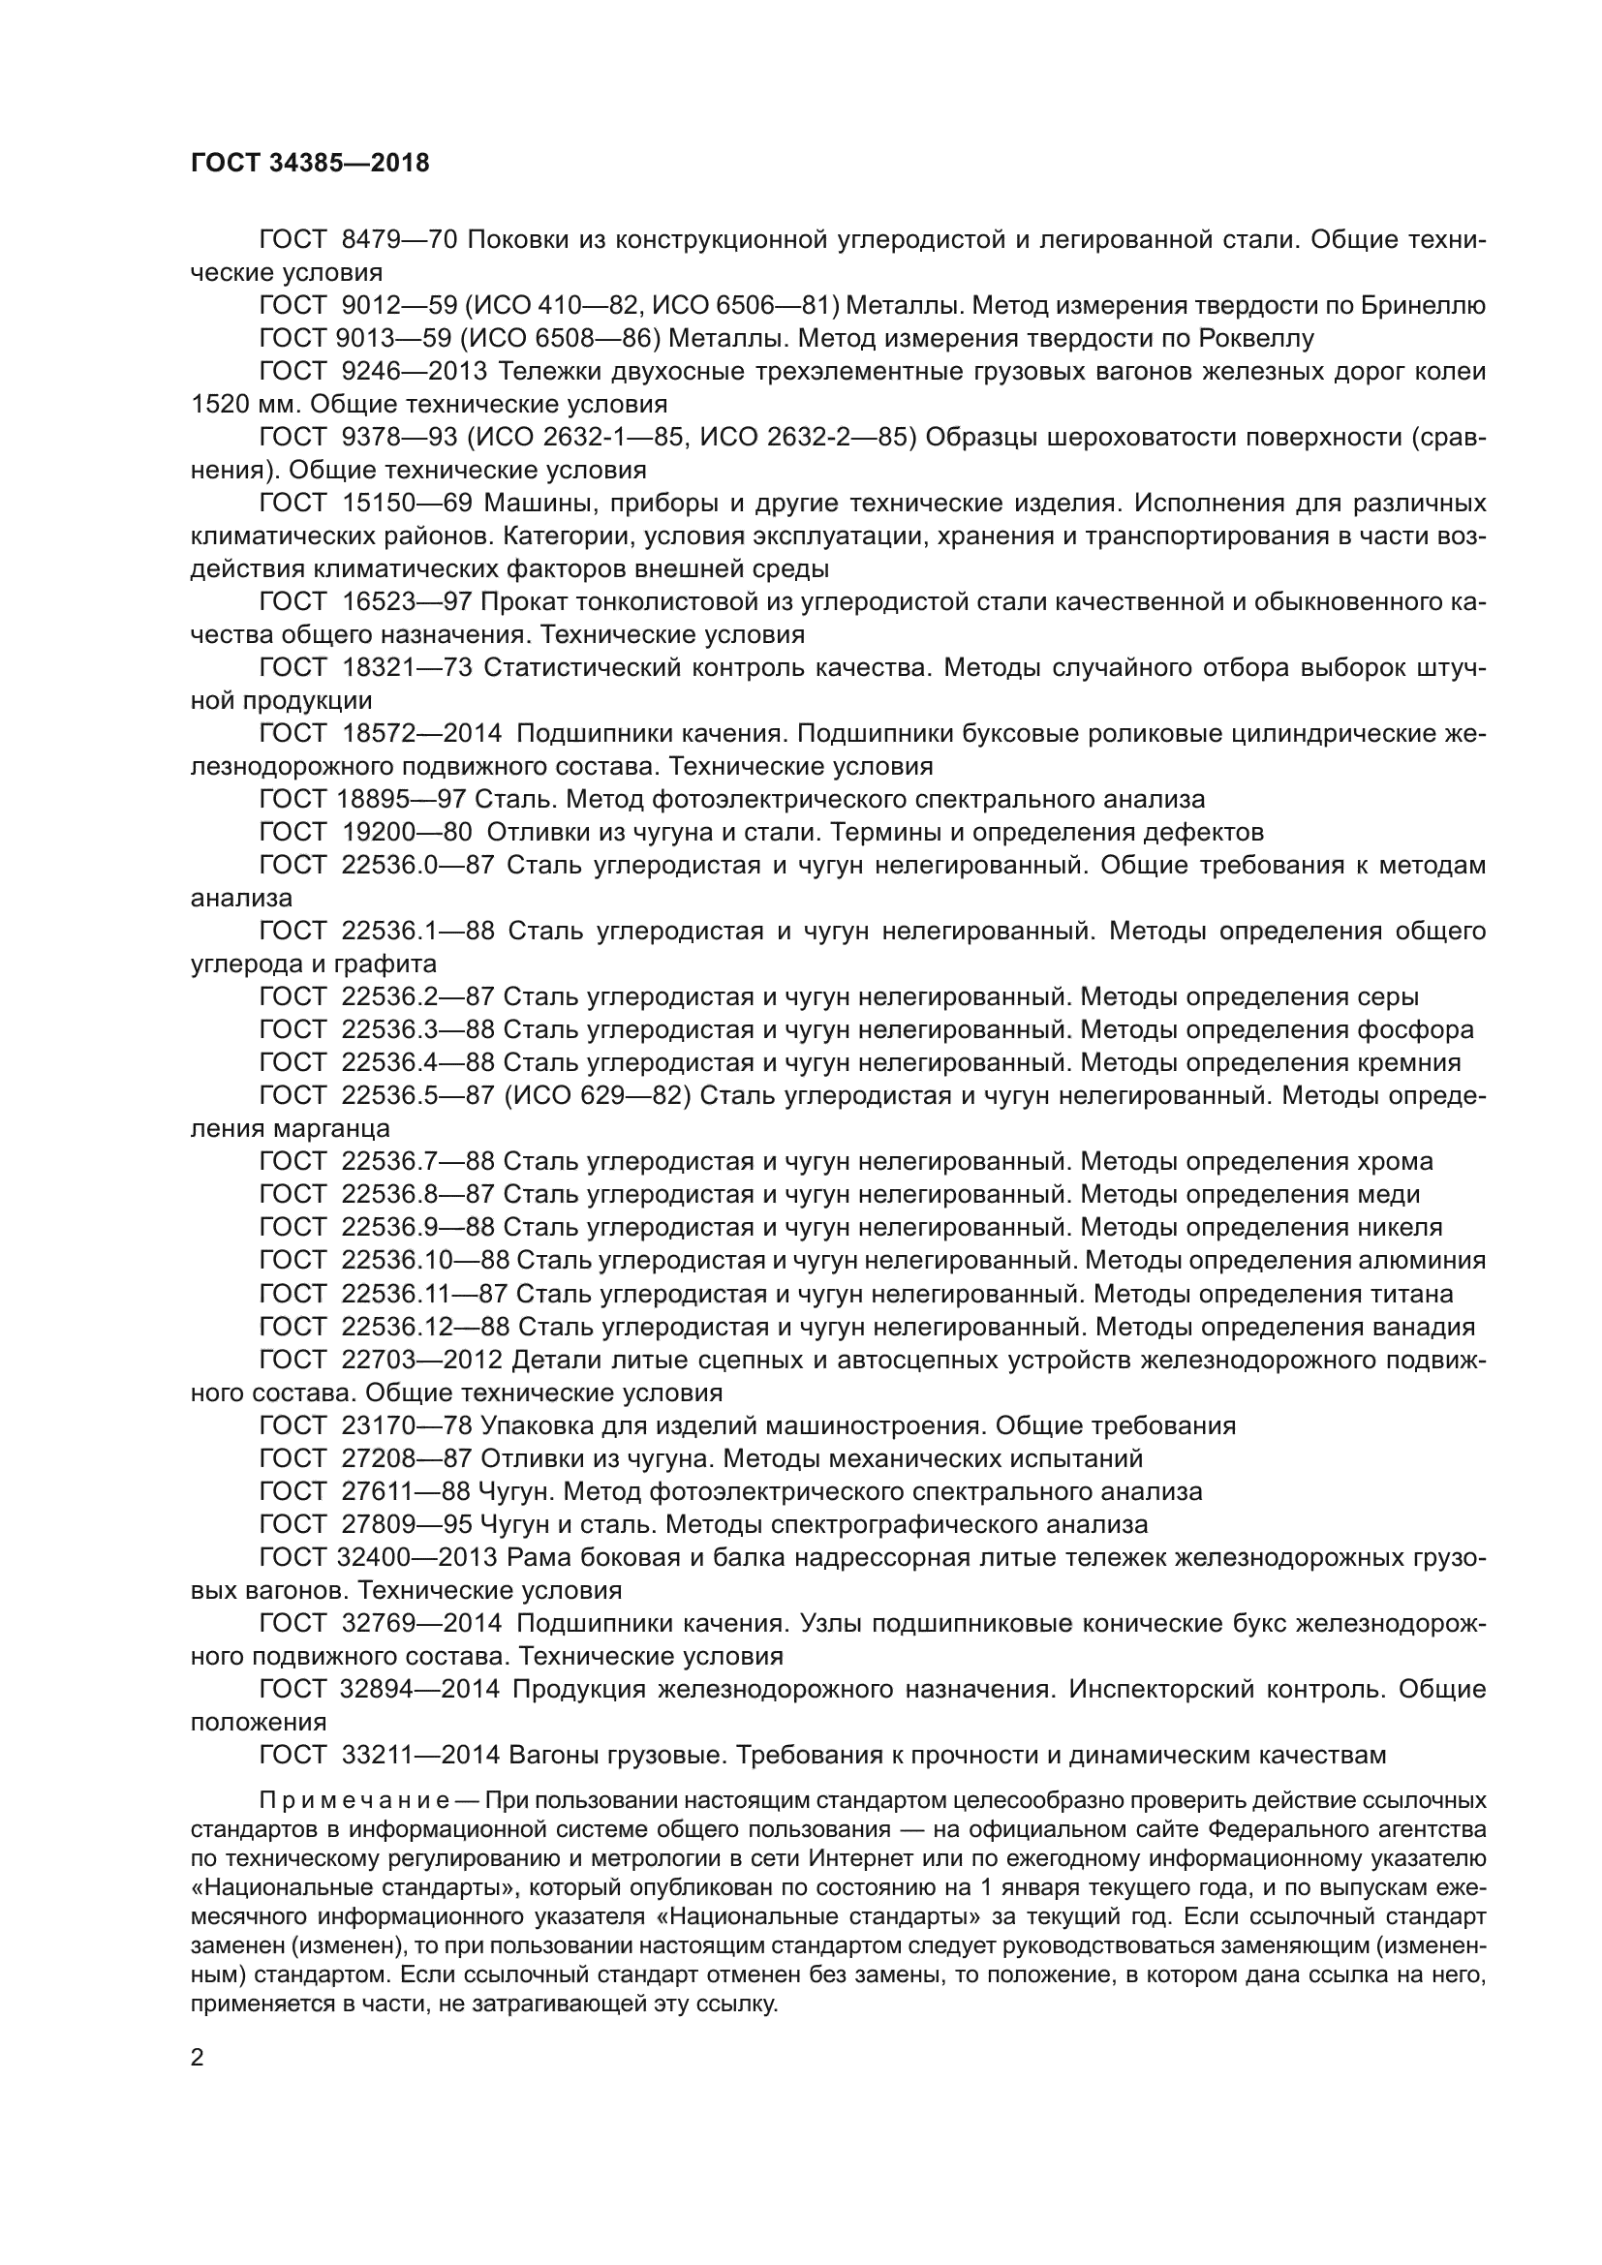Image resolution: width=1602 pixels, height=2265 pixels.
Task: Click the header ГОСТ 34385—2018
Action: tap(310, 164)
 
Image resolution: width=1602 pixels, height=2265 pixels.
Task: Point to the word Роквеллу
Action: tap(1256, 338)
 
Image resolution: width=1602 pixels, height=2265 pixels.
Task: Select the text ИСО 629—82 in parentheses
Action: tap(606, 1096)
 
